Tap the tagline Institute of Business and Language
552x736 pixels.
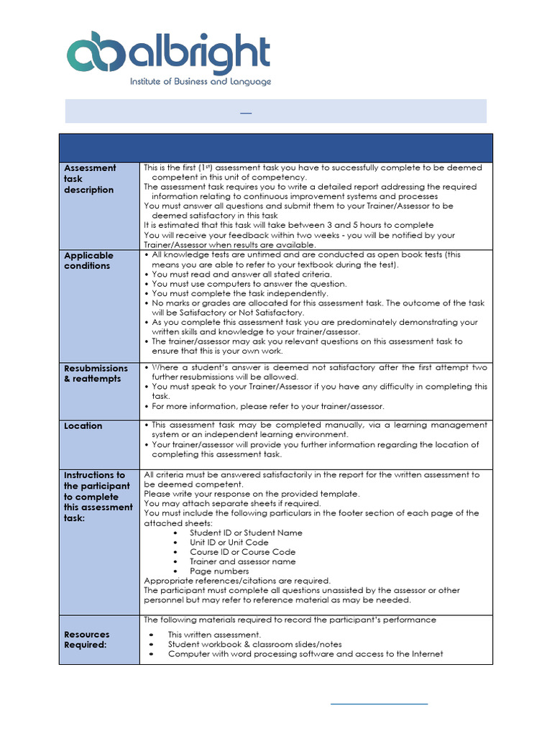pos(201,82)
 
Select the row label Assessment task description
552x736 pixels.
pos(89,179)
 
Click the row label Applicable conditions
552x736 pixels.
pos(88,261)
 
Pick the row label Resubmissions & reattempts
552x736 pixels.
pos(96,374)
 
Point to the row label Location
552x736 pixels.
pos(83,426)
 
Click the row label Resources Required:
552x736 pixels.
pos(87,640)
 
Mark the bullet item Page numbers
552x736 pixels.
pos(219,571)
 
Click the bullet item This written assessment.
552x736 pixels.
pos(214,635)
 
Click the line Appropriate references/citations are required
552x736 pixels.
pos(237,581)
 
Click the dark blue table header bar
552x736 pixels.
pos(276,147)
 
